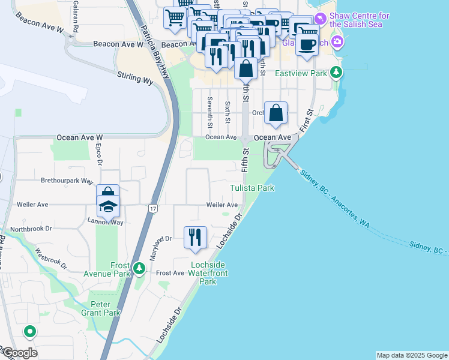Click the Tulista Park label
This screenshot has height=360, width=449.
pyautogui.click(x=252, y=188)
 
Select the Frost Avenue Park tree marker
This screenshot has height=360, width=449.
pyautogui.click(x=139, y=268)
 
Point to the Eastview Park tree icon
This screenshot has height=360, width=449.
pyautogui.click(x=337, y=73)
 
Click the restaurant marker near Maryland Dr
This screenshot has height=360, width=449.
pyautogui.click(x=195, y=237)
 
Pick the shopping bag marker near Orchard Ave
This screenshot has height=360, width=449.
pyautogui.click(x=276, y=113)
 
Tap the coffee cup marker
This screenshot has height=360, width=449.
pyautogui.click(x=307, y=44)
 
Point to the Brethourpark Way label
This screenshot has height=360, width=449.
pyautogui.click(x=67, y=180)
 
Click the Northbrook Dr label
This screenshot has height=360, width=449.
pyautogui.click(x=31, y=229)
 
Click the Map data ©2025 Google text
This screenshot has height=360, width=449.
pyautogui.click(x=411, y=355)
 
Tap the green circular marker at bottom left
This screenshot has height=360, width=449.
pyautogui.click(x=29, y=331)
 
